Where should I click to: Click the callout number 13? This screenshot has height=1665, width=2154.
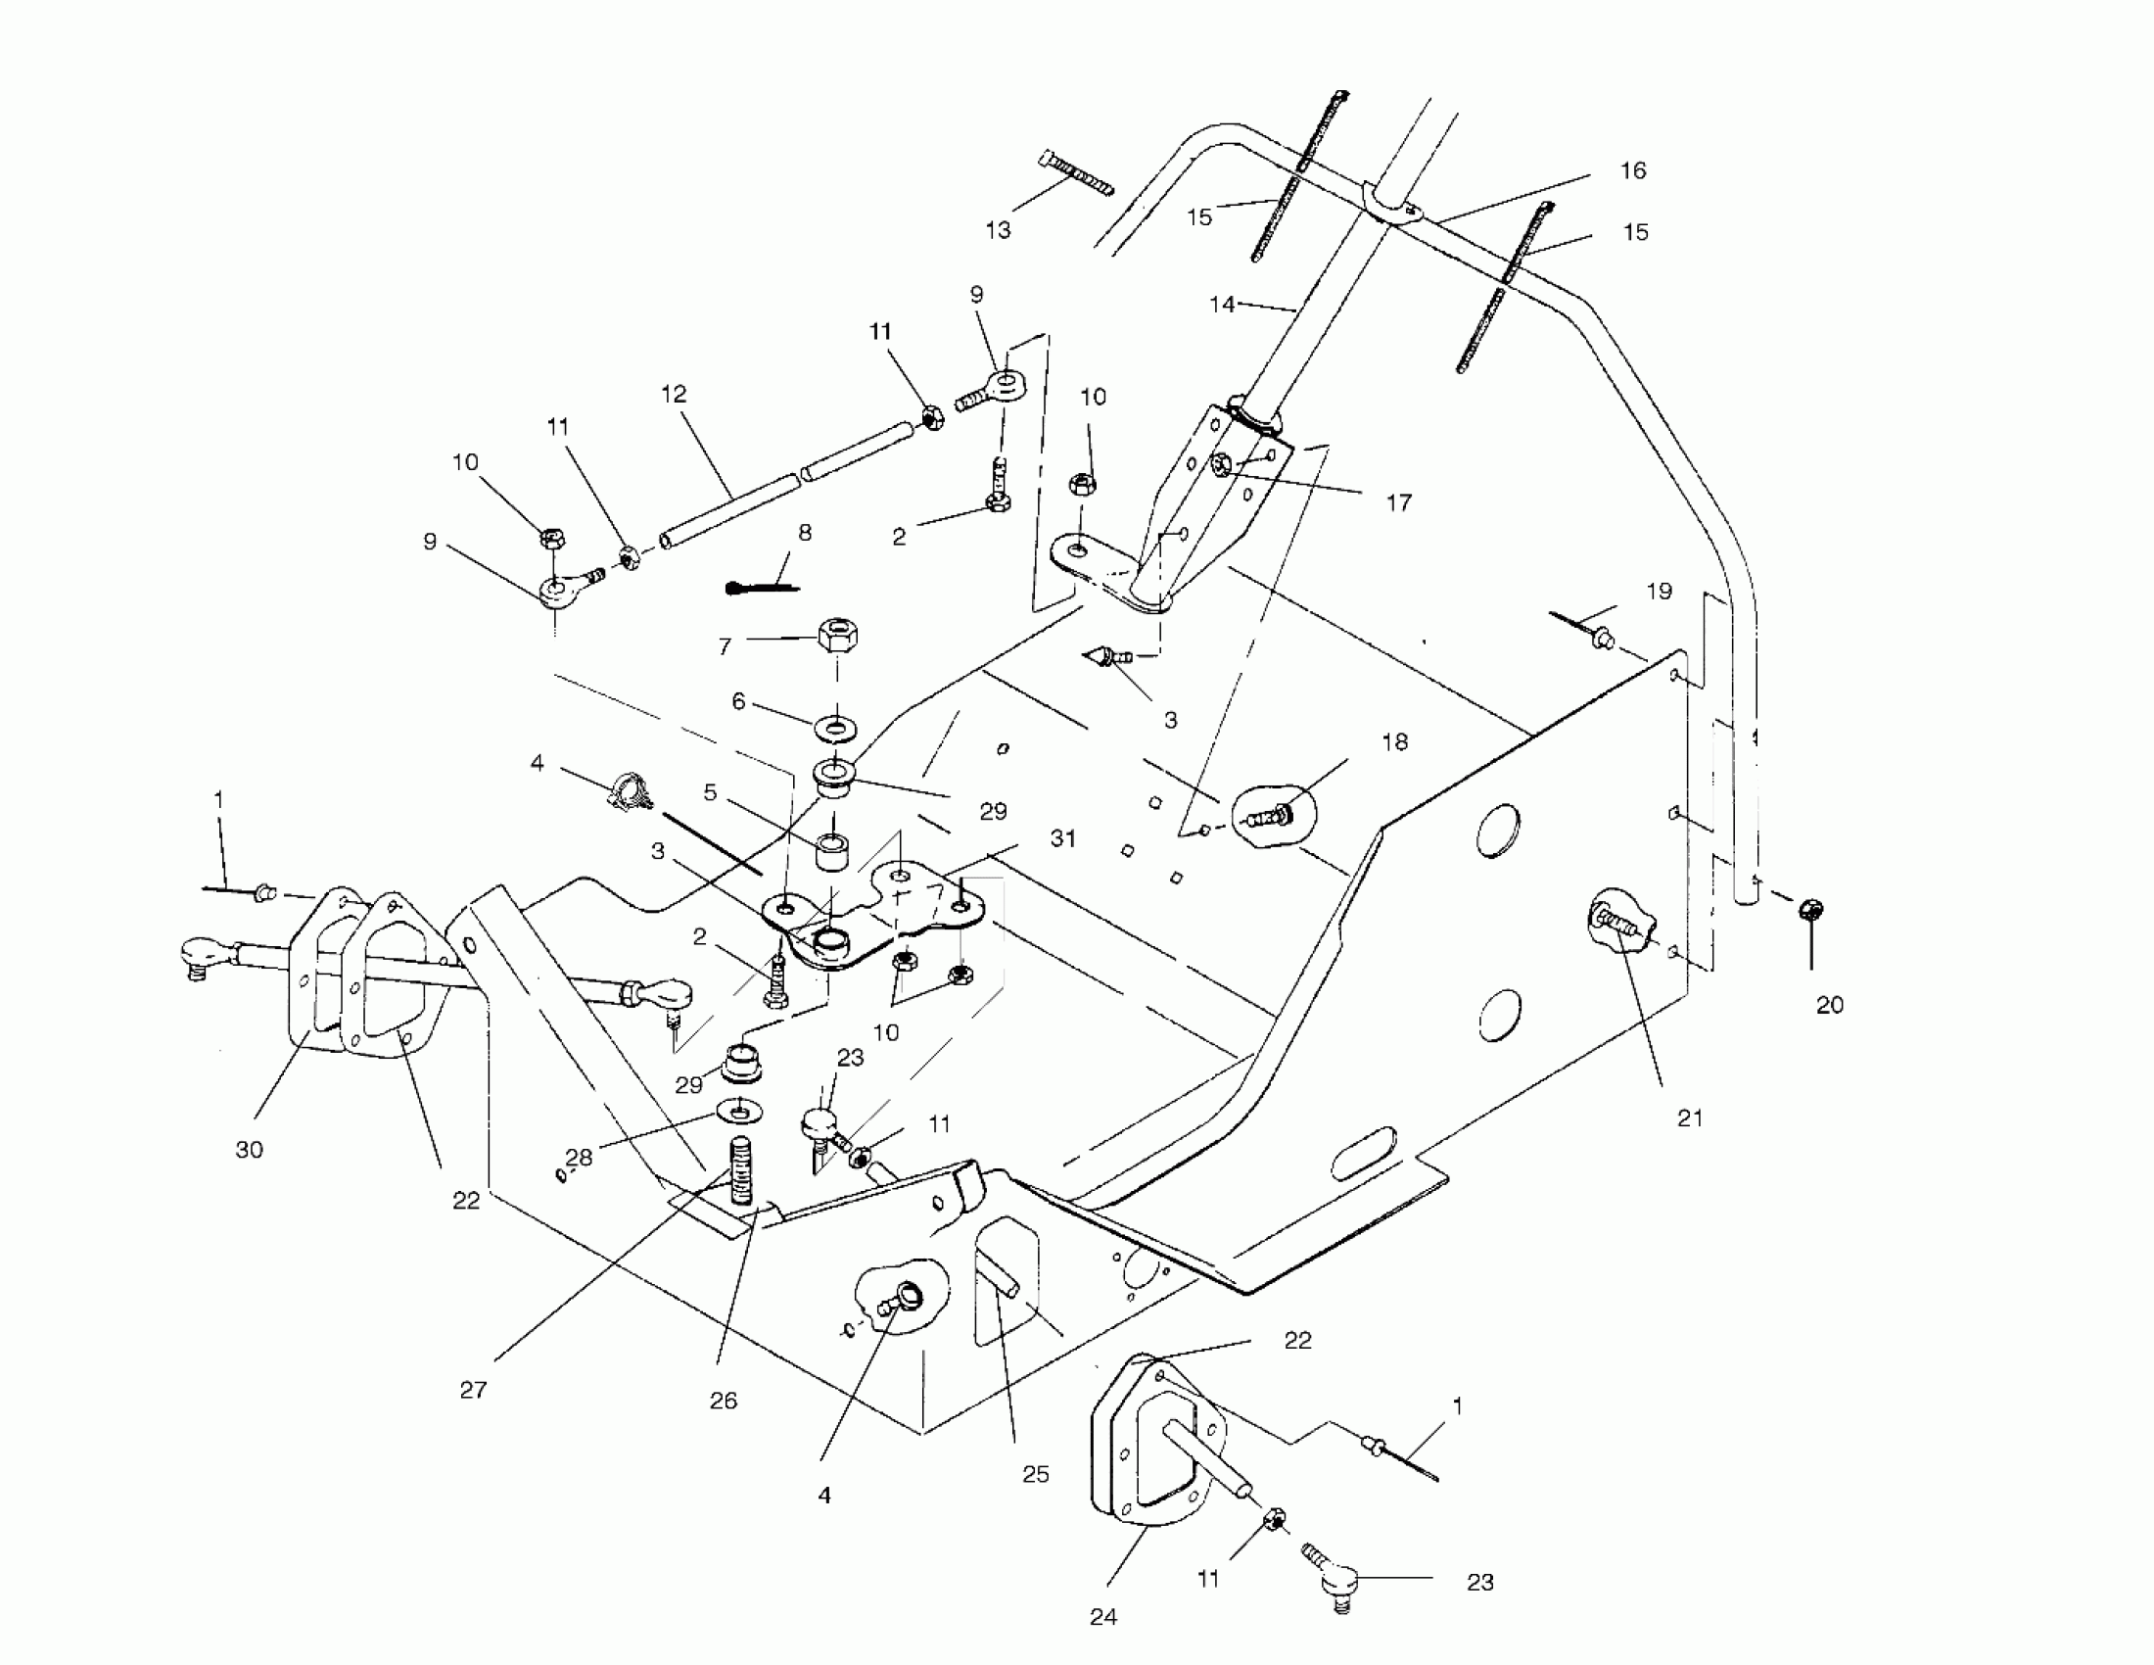point(998,230)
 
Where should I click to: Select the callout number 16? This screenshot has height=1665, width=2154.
point(1633,170)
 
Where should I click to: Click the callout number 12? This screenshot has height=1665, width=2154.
point(674,395)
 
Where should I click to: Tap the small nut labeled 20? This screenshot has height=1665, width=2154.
point(1810,910)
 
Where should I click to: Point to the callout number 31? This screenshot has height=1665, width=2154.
point(1063,838)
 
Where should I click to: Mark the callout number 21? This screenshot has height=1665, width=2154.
point(1690,1118)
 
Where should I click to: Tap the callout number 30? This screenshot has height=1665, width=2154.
point(250,1149)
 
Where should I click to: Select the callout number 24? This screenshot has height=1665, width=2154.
point(1103,1617)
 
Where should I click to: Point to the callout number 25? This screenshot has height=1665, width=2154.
point(1035,1474)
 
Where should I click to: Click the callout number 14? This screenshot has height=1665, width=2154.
point(1222,305)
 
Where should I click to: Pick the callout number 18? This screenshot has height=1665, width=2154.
point(1394,741)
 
